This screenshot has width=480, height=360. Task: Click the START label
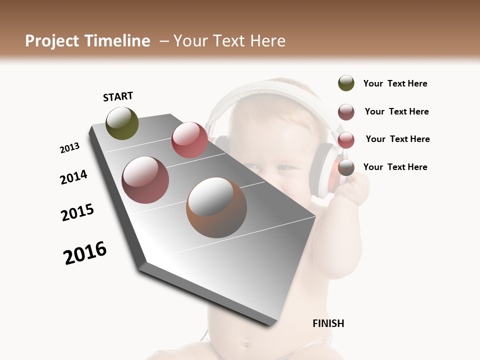click(x=118, y=96)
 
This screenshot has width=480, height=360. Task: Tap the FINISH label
click(x=328, y=323)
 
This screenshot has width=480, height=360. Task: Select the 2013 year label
click(x=70, y=148)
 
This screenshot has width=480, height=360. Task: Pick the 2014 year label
click(x=73, y=177)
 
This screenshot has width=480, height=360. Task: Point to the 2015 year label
click(x=77, y=212)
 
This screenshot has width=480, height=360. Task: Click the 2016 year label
click(x=85, y=252)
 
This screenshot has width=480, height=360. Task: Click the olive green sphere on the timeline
click(x=122, y=123)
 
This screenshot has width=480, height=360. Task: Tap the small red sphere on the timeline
click(x=189, y=140)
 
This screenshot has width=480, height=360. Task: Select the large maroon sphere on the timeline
click(x=145, y=180)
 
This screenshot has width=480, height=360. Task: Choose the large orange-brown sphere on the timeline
click(x=216, y=207)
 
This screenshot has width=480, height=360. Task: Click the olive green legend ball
click(x=346, y=83)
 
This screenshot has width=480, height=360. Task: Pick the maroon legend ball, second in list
click(x=346, y=112)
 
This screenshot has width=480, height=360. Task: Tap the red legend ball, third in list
click(x=346, y=140)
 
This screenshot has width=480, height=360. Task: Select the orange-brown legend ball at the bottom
click(x=346, y=167)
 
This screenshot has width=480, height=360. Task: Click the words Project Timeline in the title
click(x=87, y=41)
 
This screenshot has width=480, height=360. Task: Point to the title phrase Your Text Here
click(x=229, y=41)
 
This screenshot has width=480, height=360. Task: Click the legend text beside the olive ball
click(x=395, y=84)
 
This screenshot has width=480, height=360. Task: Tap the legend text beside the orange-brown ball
click(x=395, y=167)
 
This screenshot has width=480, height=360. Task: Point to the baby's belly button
click(x=246, y=344)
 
